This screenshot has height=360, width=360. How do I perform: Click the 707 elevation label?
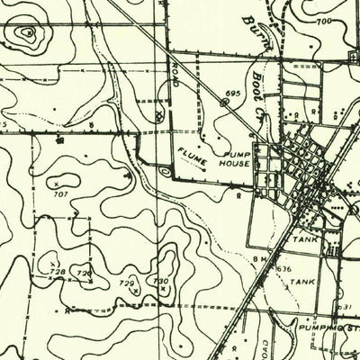pos(60,193)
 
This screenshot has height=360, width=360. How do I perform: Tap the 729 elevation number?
pos(128,283)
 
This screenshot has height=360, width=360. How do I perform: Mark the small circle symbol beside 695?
pos(222,103)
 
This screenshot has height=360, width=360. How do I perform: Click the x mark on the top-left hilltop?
pos(29,33)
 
